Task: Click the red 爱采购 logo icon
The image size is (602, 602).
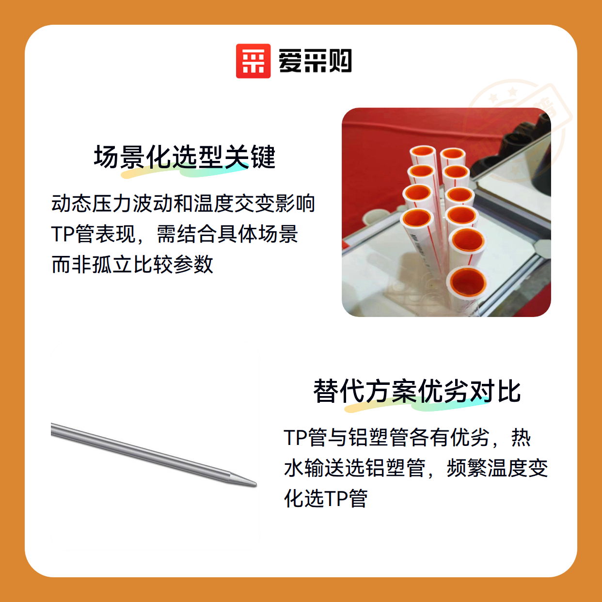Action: (253, 61)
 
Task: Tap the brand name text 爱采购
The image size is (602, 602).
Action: (315, 61)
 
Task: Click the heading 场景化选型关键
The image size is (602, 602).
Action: (185, 157)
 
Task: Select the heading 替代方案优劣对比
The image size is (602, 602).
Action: (417, 392)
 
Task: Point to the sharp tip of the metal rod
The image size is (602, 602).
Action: (256, 485)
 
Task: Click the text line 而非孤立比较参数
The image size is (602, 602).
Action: (132, 265)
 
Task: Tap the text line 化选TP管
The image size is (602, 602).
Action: (326, 498)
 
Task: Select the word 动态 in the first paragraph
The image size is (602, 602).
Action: (72, 204)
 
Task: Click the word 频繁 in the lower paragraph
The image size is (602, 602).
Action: (467, 468)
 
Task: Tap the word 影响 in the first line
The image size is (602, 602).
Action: (295, 204)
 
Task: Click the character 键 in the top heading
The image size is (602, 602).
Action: (263, 157)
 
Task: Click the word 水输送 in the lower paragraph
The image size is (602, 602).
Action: (314, 468)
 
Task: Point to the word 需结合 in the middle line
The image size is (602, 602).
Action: (187, 234)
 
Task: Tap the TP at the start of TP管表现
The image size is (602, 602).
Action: (63, 234)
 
